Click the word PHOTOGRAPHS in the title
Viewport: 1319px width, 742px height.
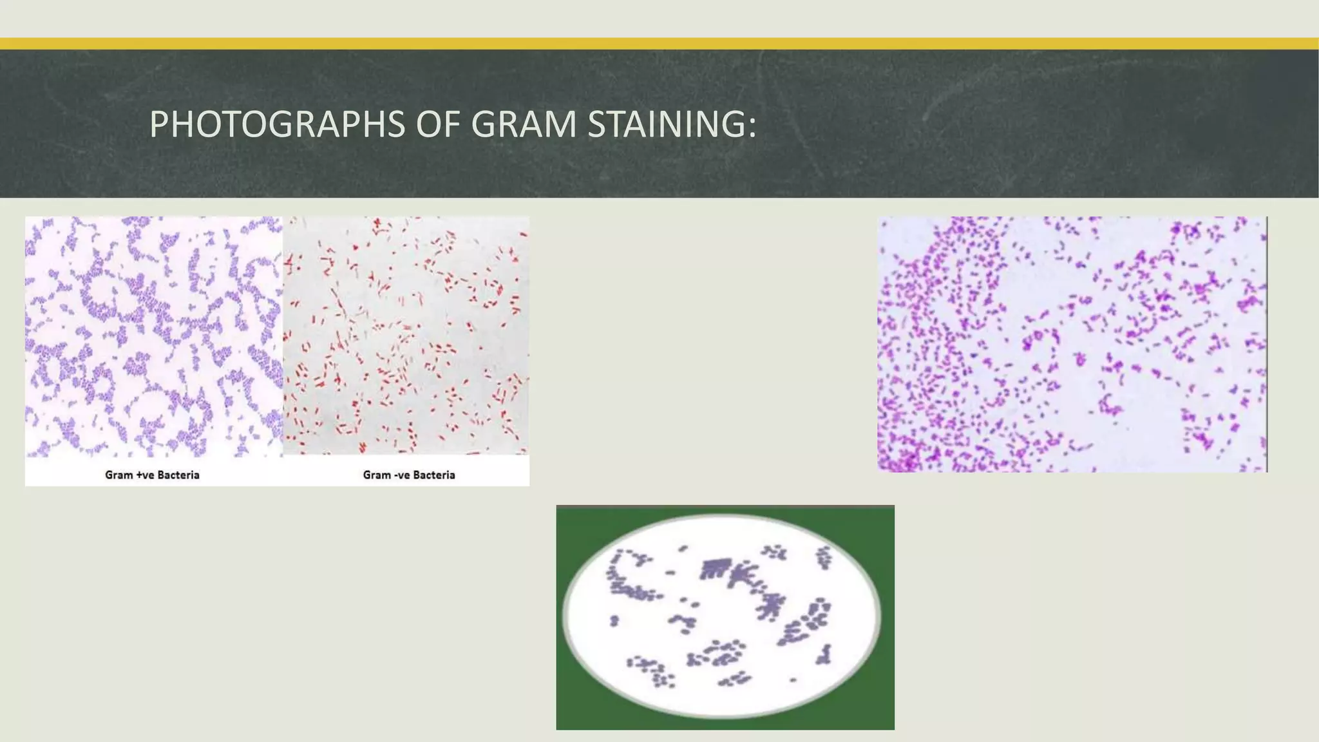(x=277, y=124)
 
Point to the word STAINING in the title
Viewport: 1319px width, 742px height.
(x=667, y=124)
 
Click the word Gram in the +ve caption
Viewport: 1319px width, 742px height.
(x=119, y=475)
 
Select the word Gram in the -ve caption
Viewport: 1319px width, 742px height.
(x=377, y=475)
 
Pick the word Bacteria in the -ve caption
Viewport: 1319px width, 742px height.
(x=434, y=475)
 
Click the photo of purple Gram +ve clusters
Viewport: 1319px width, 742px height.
(x=153, y=336)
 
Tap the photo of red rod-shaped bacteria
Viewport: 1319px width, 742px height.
(x=406, y=335)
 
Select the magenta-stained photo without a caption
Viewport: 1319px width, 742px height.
(x=1072, y=344)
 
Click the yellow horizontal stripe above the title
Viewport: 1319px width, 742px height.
(x=659, y=44)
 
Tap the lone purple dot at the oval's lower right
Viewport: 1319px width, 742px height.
(x=793, y=680)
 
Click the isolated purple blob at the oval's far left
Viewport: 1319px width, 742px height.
(x=614, y=621)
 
